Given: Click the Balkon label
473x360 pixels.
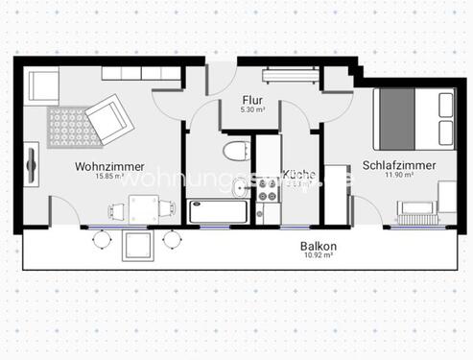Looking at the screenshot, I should (x=318, y=246).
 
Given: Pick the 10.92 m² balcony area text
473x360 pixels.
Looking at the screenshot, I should (x=318, y=255).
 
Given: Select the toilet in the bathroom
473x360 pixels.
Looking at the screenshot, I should (x=233, y=152).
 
